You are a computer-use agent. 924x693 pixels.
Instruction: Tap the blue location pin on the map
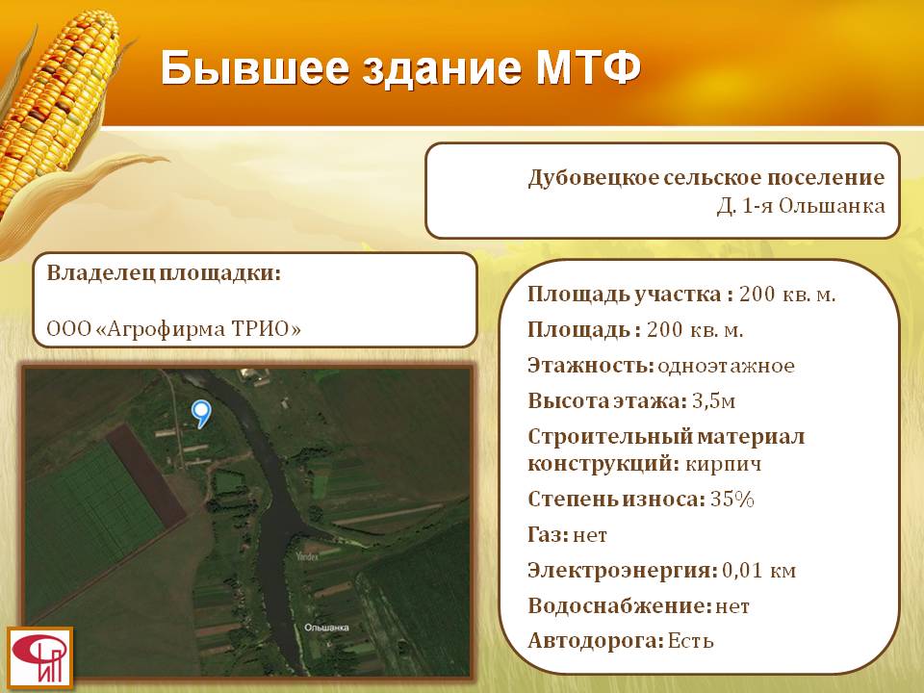tap(201, 414)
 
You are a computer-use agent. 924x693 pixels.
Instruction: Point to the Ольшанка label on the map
tap(326, 628)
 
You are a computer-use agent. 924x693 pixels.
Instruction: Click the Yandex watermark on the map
tap(307, 556)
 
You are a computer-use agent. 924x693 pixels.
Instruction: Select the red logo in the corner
tap(40, 658)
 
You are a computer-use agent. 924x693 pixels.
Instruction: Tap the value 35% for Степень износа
tap(732, 500)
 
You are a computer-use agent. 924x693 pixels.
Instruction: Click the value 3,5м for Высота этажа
tap(713, 401)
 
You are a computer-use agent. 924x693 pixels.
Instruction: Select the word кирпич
tap(724, 464)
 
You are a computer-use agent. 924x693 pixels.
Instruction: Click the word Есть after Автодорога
tap(691, 641)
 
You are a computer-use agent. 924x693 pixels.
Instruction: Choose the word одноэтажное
tap(726, 366)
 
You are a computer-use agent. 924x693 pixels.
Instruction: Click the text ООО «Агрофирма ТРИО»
tap(174, 329)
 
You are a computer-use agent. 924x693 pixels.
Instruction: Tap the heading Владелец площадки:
tap(164, 273)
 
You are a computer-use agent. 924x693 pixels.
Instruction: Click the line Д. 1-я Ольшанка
tap(801, 206)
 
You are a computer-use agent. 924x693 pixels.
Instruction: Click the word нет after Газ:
tap(590, 535)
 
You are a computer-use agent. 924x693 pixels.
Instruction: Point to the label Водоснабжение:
tap(620, 605)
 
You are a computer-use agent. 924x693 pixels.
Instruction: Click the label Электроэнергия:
tap(623, 571)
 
